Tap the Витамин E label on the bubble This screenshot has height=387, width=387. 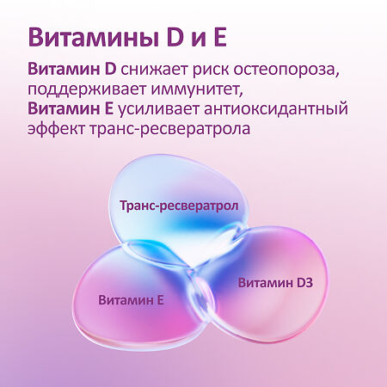(x=132, y=300)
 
